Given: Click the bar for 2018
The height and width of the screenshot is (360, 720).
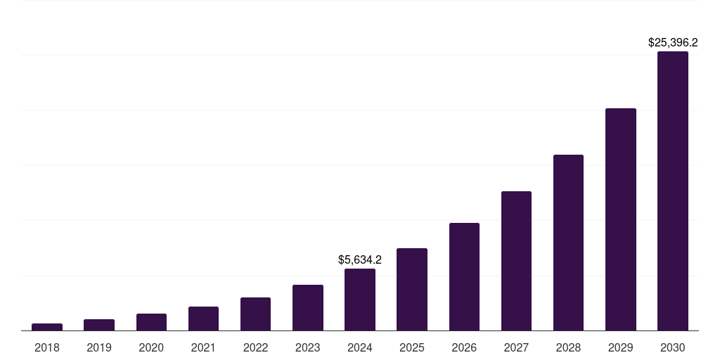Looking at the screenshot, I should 47,327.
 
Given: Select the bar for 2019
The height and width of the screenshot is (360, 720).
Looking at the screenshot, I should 99,325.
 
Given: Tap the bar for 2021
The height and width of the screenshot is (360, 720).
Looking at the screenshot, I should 203,319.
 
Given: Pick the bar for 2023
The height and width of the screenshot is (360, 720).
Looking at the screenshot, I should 308,307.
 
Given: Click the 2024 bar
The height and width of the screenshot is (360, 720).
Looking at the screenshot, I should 360,300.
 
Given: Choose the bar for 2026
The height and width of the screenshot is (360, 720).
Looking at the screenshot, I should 464,276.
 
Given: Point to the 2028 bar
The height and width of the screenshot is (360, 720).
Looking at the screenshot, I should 568,243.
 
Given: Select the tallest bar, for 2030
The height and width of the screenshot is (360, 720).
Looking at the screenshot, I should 673,191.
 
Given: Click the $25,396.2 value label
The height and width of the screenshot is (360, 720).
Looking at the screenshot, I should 673,43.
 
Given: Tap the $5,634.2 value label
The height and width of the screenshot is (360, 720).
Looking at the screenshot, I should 360,260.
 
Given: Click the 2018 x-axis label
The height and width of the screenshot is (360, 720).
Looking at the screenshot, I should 47,347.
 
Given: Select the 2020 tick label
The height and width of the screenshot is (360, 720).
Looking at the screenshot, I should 151,347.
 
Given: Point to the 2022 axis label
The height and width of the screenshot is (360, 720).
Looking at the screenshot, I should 255,347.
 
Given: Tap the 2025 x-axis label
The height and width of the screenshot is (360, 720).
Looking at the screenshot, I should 412,347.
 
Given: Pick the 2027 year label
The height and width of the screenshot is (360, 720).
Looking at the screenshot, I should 516,347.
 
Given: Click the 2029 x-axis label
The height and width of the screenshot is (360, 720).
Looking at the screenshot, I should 620,347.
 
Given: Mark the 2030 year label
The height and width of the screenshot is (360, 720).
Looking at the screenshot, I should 673,347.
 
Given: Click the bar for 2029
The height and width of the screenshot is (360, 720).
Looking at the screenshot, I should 620,219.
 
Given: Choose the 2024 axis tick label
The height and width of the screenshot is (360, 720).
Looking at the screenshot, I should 360,347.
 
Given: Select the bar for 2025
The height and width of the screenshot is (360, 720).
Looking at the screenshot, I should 412,289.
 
